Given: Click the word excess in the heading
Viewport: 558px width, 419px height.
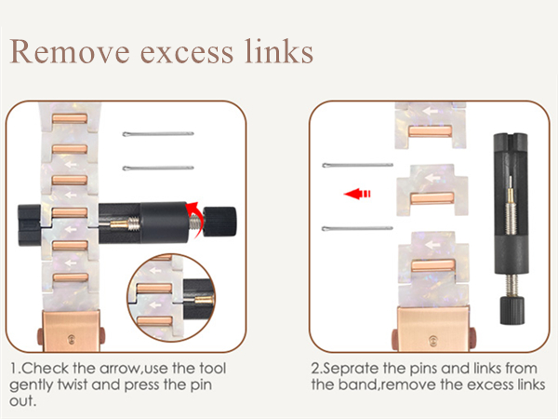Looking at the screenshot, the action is (x=187, y=54).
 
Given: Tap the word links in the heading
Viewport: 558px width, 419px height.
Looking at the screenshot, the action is (x=279, y=51).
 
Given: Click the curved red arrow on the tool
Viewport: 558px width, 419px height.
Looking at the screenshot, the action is (x=195, y=217).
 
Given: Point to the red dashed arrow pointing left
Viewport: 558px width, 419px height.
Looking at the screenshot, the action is (x=357, y=194).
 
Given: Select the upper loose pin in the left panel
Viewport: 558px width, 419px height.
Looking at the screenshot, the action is (x=158, y=134).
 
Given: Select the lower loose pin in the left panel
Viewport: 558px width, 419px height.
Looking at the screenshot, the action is (x=158, y=168).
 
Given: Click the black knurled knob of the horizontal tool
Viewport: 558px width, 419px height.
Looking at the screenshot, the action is (x=219, y=222).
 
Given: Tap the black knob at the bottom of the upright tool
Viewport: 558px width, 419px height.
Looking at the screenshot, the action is (x=512, y=310).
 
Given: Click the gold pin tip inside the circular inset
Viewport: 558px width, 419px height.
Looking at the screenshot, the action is (x=204, y=300).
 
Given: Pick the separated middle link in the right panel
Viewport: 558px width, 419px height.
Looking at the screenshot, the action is (x=432, y=190).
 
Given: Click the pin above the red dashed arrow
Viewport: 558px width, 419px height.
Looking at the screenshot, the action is (x=358, y=165).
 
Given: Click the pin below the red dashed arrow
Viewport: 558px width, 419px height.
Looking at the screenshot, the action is (x=357, y=228).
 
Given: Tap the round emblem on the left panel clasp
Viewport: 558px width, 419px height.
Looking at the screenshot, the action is (x=72, y=339).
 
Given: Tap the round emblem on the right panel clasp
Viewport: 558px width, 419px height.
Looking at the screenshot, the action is (x=432, y=340).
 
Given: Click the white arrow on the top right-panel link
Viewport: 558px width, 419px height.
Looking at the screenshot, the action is (x=431, y=111).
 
